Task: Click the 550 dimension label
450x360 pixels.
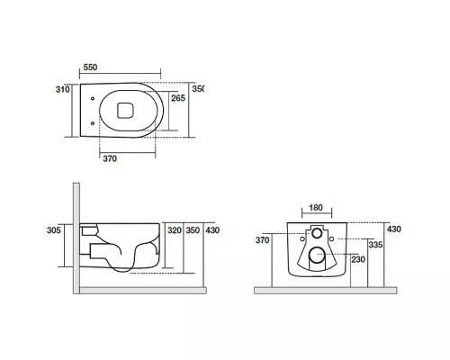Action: (90, 67)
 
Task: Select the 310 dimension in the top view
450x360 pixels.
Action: (62, 89)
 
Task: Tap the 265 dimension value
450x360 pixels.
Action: (178, 98)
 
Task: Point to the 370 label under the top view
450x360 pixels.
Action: (110, 158)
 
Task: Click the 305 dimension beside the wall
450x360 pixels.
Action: (54, 230)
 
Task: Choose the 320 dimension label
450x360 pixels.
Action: (175, 230)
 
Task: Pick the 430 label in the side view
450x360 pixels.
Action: (212, 230)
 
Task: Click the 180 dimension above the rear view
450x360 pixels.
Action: (316, 208)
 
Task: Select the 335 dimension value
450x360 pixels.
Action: (375, 245)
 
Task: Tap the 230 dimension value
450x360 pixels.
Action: (358, 259)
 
